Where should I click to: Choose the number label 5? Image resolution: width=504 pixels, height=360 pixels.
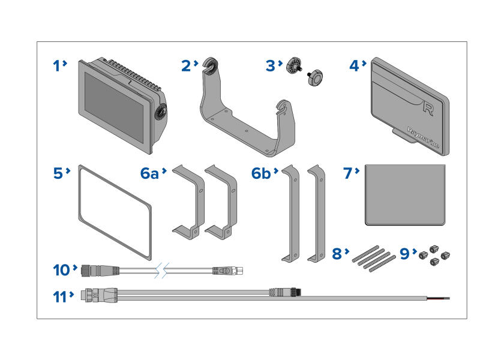point(58,173)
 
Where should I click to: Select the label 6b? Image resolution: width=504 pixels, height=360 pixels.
point(262,173)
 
